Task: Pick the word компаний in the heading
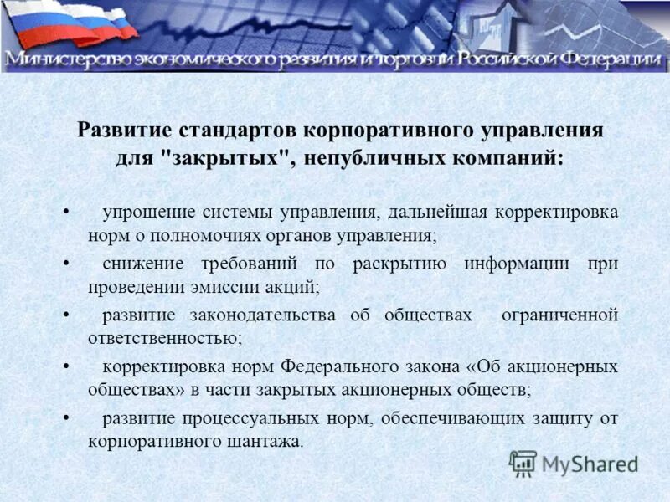pyautogui.click(x=508, y=158)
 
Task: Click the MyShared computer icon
pyautogui.click(x=523, y=462)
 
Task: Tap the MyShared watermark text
pyautogui.click(x=590, y=463)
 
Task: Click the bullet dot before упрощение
pyautogui.click(x=66, y=213)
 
